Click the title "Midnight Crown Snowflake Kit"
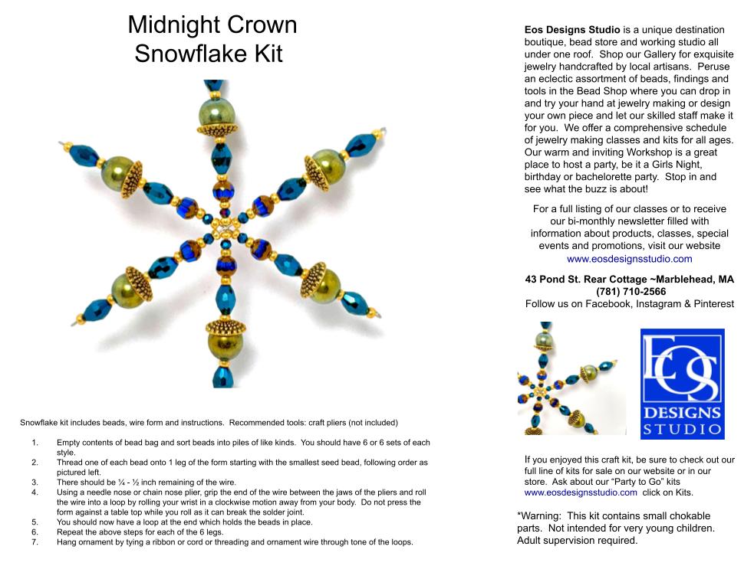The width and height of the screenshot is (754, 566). click(x=212, y=39)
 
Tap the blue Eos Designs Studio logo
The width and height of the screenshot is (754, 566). click(x=682, y=384)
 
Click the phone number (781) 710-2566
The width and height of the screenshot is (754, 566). click(x=630, y=292)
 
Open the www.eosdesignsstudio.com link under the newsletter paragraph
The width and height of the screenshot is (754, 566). click(x=629, y=258)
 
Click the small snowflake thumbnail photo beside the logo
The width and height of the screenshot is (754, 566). click(x=571, y=378)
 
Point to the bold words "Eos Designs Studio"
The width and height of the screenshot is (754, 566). click(x=572, y=30)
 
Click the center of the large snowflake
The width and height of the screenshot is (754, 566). click(x=221, y=227)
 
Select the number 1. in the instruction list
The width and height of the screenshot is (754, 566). click(x=35, y=443)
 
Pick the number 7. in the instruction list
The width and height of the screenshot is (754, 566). click(x=35, y=542)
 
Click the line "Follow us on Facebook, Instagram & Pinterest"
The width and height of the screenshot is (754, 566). click(x=629, y=304)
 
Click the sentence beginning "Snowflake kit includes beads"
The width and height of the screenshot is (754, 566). click(x=209, y=422)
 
